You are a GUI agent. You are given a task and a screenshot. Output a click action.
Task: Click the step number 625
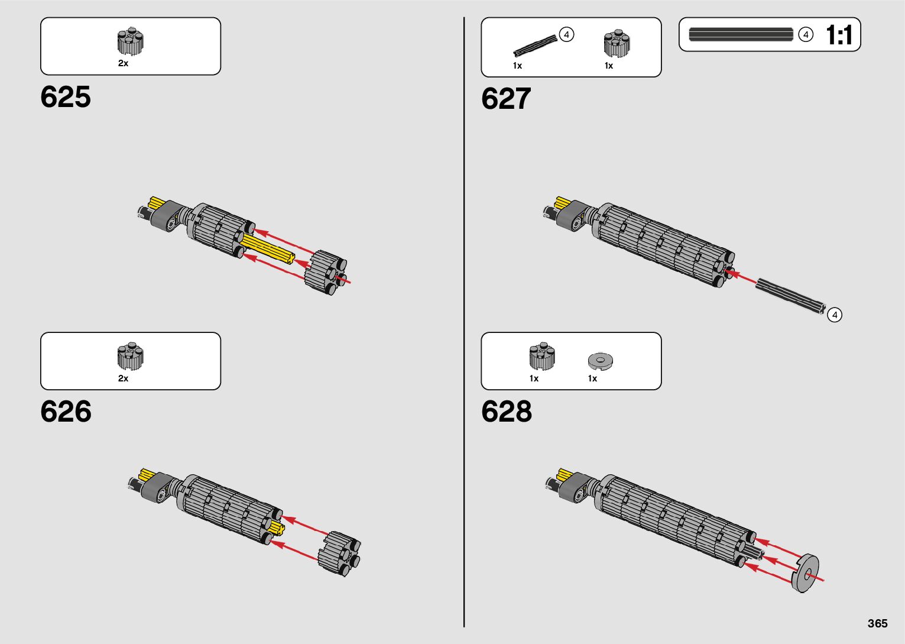[66, 97]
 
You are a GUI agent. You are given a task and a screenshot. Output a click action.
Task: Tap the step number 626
[66, 412]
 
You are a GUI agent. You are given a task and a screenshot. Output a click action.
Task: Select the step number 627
[506, 99]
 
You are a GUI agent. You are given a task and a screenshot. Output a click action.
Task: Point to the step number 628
[507, 412]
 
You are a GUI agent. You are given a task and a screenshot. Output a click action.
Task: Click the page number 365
[878, 623]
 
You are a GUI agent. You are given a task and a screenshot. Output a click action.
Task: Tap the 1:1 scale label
[839, 35]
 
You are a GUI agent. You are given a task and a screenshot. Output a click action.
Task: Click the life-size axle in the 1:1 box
[741, 35]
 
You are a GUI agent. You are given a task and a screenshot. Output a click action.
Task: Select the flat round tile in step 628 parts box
[601, 360]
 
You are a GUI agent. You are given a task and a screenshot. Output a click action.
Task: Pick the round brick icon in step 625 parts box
[130, 42]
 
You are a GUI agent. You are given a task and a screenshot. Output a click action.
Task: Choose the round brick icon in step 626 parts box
[130, 357]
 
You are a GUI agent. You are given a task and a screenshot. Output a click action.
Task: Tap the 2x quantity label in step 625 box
[123, 63]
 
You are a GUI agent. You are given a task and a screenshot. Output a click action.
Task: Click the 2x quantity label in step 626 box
[123, 378]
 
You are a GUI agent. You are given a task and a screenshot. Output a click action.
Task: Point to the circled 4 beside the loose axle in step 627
[834, 315]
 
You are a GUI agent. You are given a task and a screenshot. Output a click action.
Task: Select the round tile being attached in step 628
[805, 573]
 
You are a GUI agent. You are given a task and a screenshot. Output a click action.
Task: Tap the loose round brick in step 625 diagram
[326, 273]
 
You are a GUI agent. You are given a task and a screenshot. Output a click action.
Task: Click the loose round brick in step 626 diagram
[339, 554]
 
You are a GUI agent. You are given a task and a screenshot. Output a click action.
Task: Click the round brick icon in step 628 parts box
[542, 357]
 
